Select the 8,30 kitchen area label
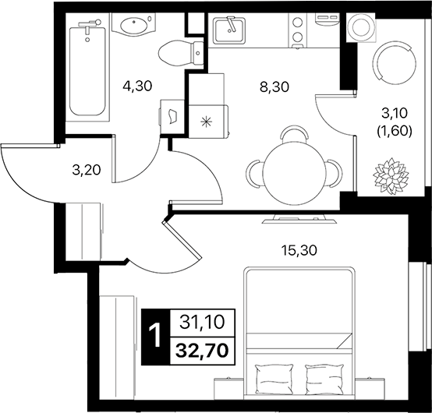(274, 87)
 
